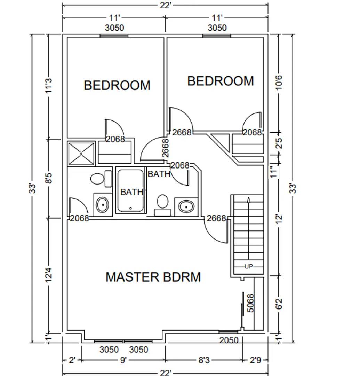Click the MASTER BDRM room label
153,277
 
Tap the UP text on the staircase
248,267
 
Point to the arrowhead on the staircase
249,200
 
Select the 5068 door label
250,303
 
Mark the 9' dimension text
123,360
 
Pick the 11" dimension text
275,172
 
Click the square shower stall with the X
81,153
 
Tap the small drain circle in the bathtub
130,208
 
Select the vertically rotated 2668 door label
166,148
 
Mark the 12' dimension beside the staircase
279,219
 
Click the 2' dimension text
72,360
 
